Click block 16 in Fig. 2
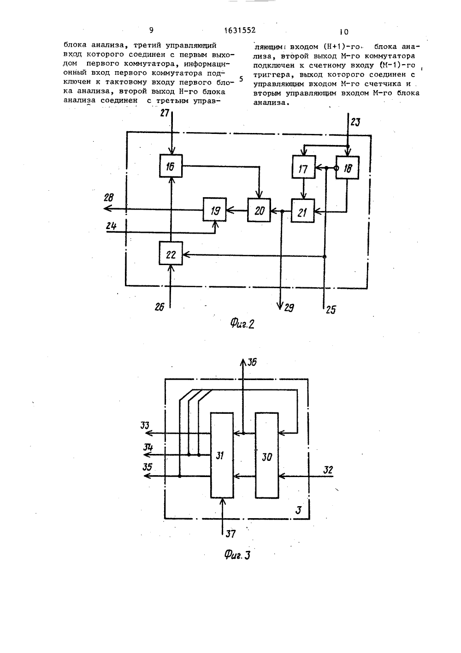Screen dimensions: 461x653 [171, 166]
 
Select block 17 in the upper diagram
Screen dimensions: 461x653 [303, 167]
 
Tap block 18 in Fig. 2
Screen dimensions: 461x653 [348, 168]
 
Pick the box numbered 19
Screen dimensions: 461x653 [215, 209]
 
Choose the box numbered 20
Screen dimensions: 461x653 [259, 210]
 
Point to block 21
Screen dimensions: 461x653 [303, 211]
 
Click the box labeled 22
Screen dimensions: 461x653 [171, 253]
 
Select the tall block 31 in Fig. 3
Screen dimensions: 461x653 [222, 455]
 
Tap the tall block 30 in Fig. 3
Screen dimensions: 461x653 [267, 455]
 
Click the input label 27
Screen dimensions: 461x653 [165, 113]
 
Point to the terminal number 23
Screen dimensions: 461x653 [355, 122]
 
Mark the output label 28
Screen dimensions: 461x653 [109, 198]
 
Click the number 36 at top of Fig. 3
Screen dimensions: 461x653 [252, 363]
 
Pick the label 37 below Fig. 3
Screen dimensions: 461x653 [230, 534]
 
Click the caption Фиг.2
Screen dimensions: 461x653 [242, 324]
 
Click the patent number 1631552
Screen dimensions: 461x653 [240, 30]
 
